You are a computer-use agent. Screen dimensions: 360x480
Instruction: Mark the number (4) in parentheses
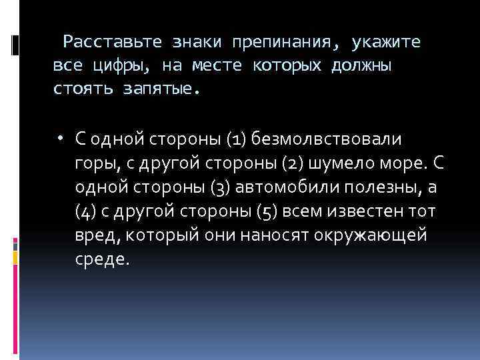85,211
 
